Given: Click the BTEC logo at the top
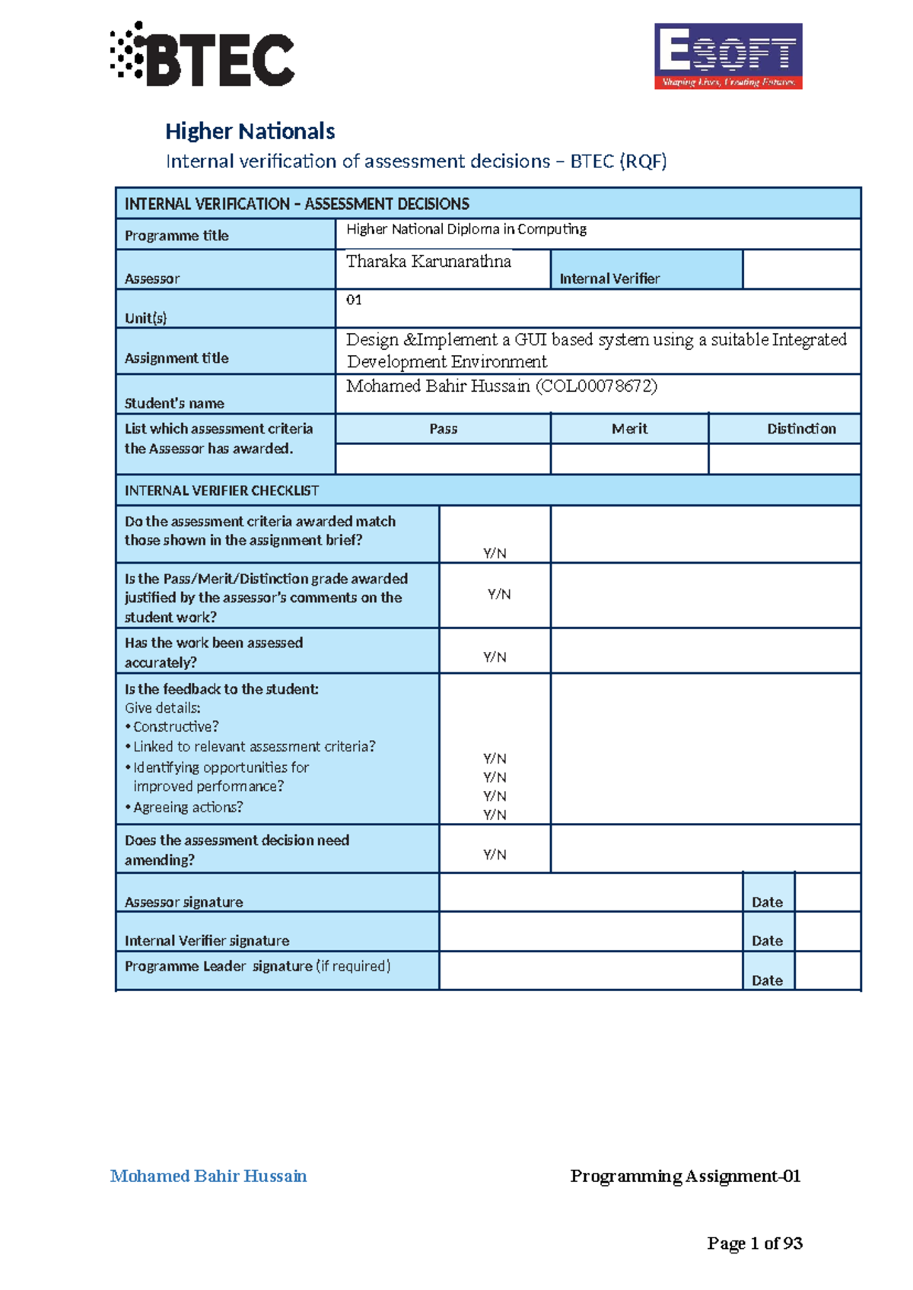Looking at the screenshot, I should [x=202, y=55].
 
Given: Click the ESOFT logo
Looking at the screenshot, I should [x=728, y=56].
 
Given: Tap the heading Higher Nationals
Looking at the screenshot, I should [x=250, y=131].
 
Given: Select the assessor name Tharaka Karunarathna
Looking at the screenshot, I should [x=428, y=262].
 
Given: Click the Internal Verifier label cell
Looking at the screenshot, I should [x=609, y=278].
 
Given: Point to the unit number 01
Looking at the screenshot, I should [x=354, y=300].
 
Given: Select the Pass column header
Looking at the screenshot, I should [x=443, y=429].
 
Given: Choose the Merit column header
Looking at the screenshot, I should [x=629, y=429].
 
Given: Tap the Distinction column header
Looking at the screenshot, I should [x=801, y=429].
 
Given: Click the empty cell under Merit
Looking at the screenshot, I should [x=629, y=459].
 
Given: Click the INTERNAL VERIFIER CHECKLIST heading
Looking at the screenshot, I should [x=222, y=491].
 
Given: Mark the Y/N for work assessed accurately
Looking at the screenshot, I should [x=495, y=656].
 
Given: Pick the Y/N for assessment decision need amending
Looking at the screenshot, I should [x=495, y=854].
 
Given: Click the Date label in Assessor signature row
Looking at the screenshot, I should [x=767, y=902].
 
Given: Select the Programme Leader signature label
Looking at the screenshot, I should [x=257, y=966].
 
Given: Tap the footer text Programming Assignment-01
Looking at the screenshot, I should [x=685, y=1176].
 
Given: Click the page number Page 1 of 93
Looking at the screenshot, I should [x=755, y=1243].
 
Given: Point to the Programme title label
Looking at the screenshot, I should [x=177, y=236].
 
